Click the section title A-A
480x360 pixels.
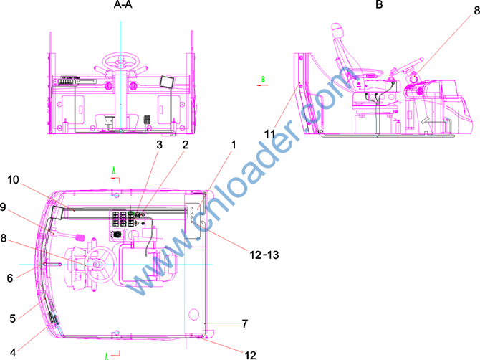tap(123, 4)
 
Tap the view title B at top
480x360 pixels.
tap(379, 4)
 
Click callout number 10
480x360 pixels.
tap(13, 180)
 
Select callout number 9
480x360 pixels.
tap(3, 207)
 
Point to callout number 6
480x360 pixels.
tap(10, 278)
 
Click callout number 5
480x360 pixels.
tap(12, 318)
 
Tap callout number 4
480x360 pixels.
tap(13, 353)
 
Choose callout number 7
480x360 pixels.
tap(244, 323)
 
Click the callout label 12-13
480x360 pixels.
tap(264, 255)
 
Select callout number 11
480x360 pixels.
tap(269, 134)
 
